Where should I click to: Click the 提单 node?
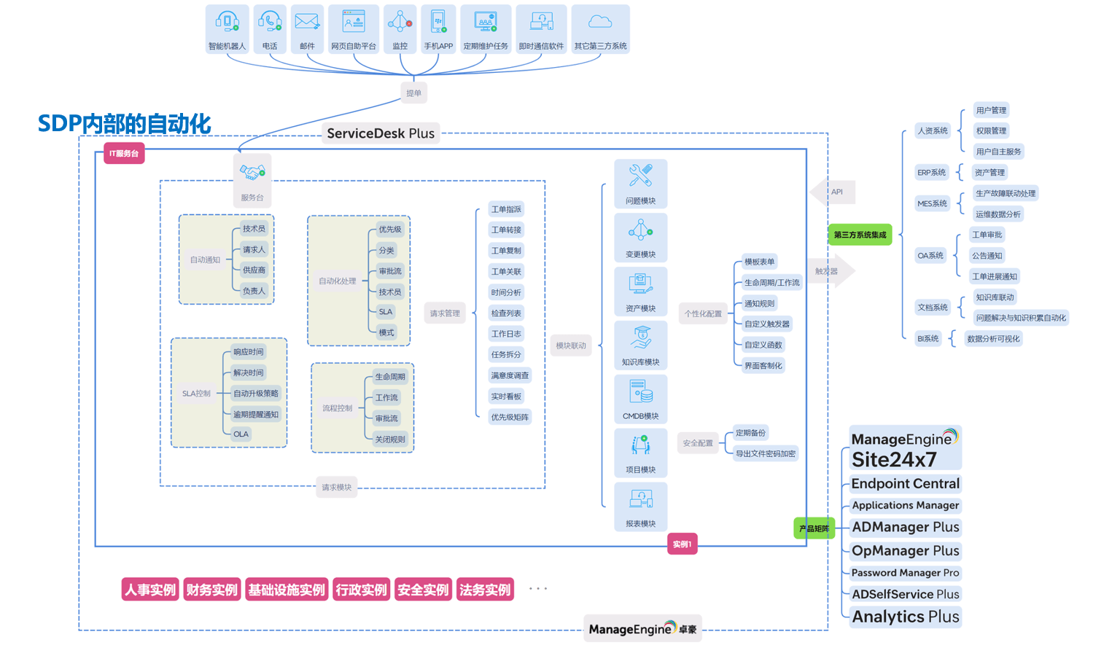[x=413, y=93]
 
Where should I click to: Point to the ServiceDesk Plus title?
[x=381, y=133]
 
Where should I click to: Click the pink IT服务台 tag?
[x=124, y=154]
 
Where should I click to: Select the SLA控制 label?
[x=196, y=394]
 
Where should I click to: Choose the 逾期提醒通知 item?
[x=256, y=415]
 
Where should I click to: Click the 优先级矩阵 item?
[x=510, y=418]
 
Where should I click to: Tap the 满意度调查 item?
[x=510, y=376]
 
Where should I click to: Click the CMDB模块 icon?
[x=641, y=394]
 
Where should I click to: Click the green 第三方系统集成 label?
[x=860, y=235]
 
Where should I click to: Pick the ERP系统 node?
[x=931, y=173]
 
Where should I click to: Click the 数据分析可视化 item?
[x=993, y=339]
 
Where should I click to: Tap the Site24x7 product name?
[x=894, y=460]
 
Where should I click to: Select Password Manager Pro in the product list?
[x=905, y=573]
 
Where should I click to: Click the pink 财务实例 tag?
[x=211, y=590]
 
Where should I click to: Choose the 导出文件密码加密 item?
[x=765, y=454]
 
